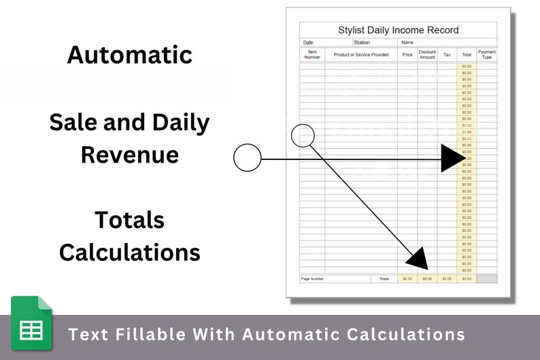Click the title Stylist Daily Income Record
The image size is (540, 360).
[x=398, y=30]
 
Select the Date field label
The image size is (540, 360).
[x=309, y=43]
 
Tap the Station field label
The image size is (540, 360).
[x=362, y=43]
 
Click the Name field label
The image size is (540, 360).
[x=407, y=43]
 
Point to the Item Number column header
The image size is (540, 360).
[x=312, y=54]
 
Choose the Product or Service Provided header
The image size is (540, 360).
[x=361, y=54]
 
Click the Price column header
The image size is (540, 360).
[x=407, y=54]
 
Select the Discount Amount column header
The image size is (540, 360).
[x=427, y=54]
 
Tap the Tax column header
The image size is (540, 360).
[x=447, y=54]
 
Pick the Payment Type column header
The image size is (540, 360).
[x=487, y=54]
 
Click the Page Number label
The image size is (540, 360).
[x=313, y=279]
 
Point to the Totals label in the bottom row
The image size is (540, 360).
[x=384, y=279]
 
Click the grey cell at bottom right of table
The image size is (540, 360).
[x=487, y=279]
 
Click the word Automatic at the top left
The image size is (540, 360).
[x=129, y=54]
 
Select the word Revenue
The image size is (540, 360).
[x=129, y=154]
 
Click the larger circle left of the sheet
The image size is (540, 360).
[x=247, y=158]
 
